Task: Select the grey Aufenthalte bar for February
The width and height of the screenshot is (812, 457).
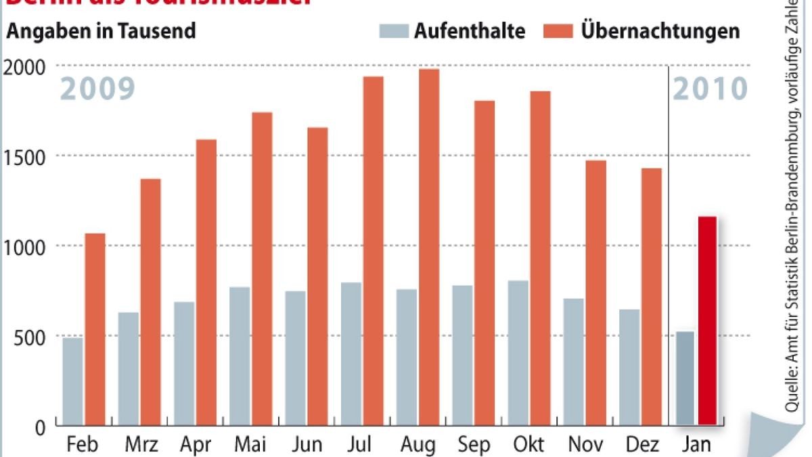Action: pos(73,382)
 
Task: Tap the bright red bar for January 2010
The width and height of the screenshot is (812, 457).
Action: pos(707,322)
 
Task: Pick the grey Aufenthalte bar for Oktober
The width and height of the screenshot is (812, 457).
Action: pos(518,353)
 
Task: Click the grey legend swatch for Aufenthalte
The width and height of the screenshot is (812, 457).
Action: pos(394,31)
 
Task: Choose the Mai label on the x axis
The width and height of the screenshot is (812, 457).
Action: pos(250,445)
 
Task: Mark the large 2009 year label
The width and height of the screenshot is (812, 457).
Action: pos(99,89)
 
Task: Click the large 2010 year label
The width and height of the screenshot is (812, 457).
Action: pos(710,89)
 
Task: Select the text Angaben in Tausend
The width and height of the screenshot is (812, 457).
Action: pos(101,31)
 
